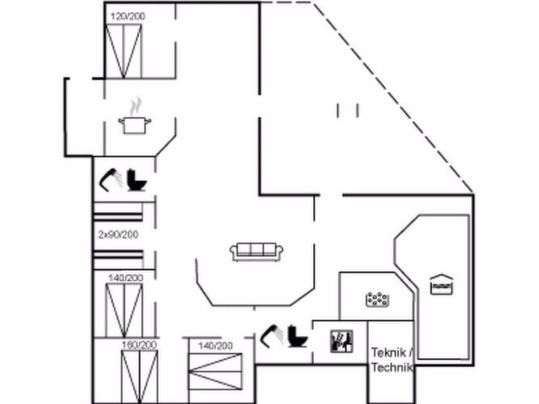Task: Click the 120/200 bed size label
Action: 128,16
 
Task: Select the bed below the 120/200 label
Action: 124,51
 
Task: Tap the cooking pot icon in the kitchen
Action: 134,125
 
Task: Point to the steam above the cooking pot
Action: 136,106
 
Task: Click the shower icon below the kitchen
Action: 111,180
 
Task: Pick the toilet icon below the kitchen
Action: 137,180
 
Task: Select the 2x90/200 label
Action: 118,235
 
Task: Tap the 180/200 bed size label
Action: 140,345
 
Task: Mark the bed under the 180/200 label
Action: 140,377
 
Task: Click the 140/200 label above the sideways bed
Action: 216,346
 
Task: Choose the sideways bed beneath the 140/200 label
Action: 215,372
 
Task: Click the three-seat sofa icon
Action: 256,252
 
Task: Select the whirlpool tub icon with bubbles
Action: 377,300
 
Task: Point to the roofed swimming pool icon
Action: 442,284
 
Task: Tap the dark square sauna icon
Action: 341,341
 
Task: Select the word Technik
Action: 392,367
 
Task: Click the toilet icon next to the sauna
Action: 297,336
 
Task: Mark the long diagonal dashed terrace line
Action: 393,97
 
